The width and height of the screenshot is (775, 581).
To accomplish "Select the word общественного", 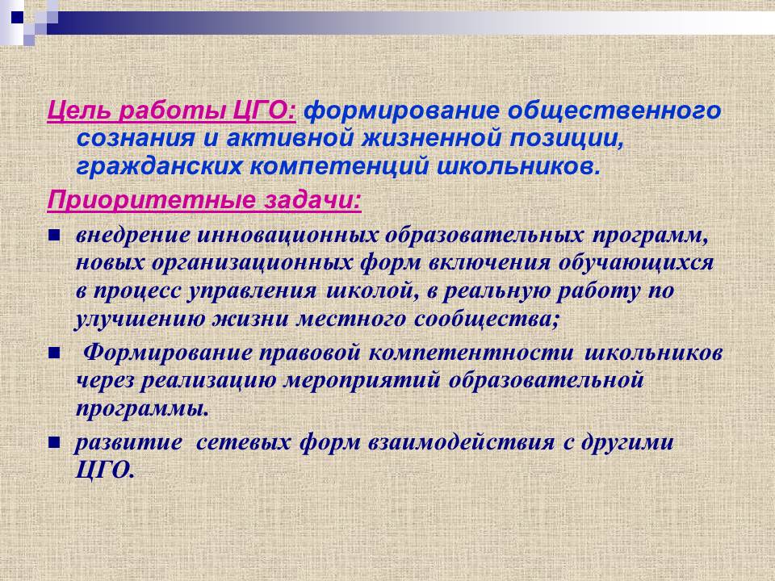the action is point(615,111).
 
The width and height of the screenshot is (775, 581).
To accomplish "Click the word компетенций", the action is point(339,167).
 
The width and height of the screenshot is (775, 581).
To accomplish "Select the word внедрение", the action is point(132,236).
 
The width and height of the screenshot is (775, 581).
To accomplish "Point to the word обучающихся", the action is point(636,263).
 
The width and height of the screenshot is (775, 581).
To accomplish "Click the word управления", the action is point(252,291).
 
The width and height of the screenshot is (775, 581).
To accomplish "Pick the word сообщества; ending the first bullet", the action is point(488,320).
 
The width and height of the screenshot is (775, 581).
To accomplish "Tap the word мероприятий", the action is point(362,381).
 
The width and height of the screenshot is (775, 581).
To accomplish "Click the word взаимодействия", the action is point(461,442).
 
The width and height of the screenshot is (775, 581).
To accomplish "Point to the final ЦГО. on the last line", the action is point(105,470).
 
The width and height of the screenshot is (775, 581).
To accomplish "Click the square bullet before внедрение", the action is point(54,236).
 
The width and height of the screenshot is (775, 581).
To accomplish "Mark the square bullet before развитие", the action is point(54,443).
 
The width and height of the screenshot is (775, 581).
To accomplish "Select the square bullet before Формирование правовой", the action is point(54,353).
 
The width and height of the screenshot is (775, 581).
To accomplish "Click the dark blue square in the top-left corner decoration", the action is point(17,17).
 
